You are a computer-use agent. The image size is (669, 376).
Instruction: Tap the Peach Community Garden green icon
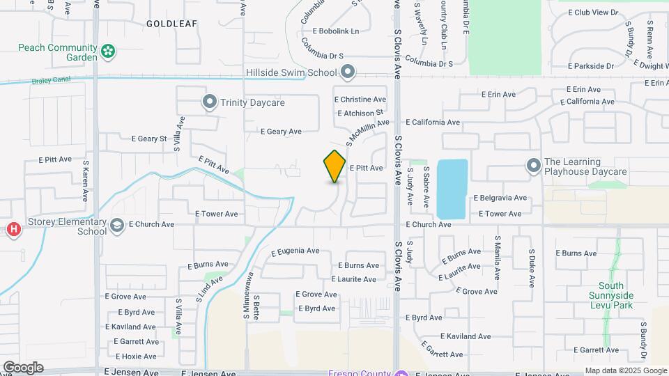click(107, 50)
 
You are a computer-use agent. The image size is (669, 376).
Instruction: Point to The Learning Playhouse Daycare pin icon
click(534, 166)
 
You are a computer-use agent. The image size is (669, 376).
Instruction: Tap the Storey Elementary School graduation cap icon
click(117, 225)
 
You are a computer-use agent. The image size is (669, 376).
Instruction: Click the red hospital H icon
click(13, 229)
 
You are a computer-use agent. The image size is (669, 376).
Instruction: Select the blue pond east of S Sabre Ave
click(452, 188)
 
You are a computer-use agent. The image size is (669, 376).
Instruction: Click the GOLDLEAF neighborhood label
click(171, 24)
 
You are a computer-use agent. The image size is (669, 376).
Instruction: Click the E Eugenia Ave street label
click(295, 251)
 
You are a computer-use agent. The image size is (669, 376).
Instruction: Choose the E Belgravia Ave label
click(500, 198)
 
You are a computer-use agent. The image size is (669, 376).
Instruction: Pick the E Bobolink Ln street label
click(336, 31)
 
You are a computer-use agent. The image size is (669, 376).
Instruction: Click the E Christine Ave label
click(360, 100)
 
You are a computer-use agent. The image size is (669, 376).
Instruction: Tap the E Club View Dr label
click(593, 13)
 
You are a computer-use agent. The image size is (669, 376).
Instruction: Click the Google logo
click(23, 368)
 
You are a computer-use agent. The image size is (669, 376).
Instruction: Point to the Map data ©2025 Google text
click(625, 370)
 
